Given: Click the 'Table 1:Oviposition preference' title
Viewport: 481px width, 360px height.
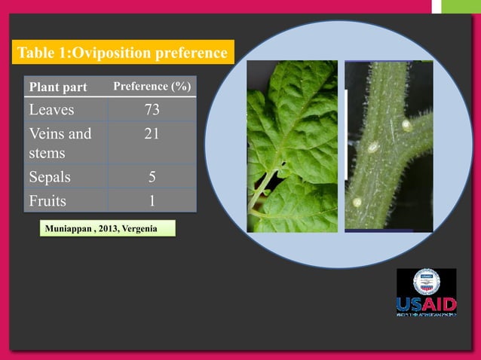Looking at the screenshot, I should click(122, 53).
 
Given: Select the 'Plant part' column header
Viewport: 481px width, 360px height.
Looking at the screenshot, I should click(58, 87).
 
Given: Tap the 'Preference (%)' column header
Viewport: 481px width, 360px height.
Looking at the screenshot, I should click(152, 87).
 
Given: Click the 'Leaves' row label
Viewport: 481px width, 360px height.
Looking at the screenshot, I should click(51, 110).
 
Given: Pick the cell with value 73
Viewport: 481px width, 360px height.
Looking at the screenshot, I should click(152, 110).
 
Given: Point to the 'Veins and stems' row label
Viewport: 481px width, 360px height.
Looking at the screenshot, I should click(60, 143).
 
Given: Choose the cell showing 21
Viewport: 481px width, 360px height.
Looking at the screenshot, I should click(152, 134).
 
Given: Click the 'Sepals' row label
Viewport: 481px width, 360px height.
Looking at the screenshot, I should click(50, 178).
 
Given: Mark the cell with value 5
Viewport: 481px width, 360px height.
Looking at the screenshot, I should click(152, 178).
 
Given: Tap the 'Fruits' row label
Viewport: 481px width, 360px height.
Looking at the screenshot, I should click(48, 201).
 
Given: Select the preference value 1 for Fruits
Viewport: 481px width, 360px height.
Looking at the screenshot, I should click(152, 201).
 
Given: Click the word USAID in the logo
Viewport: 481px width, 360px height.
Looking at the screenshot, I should click(426, 305).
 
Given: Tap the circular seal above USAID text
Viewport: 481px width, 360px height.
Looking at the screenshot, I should click(426, 282).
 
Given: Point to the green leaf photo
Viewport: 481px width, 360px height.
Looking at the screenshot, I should click(292, 146).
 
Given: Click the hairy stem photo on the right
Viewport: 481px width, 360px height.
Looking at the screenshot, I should click(388, 146).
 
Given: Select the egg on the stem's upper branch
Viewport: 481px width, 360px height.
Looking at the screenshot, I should click(407, 125).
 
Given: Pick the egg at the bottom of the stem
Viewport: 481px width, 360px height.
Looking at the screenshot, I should click(357, 202).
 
